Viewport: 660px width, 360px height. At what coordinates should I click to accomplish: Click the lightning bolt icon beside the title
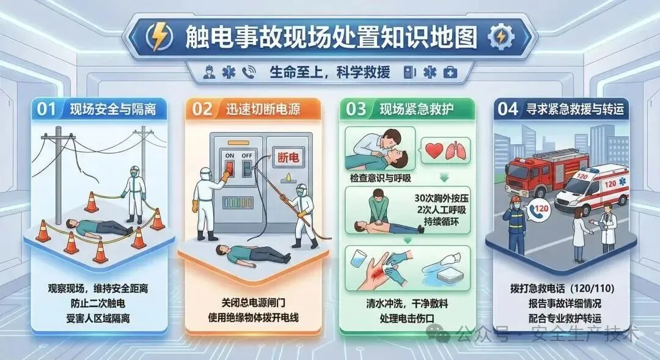point(159,37)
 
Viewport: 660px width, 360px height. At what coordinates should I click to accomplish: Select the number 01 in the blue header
point(46,109)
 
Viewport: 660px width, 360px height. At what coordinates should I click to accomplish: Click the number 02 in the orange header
point(202,109)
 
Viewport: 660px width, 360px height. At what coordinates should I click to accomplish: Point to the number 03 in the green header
point(356,109)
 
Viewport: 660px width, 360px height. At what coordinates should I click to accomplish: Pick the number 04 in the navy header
point(508,109)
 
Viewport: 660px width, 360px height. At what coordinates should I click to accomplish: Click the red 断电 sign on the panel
point(288,158)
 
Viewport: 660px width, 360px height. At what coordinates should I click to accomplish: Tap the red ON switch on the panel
point(229,169)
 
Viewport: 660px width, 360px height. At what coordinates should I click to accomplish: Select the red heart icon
point(435,150)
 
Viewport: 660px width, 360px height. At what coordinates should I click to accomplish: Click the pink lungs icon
point(457,151)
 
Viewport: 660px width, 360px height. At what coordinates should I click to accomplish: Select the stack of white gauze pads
point(449,276)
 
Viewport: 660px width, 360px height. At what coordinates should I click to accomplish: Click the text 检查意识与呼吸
point(380,178)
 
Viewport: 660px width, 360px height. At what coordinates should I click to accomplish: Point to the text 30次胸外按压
point(441,198)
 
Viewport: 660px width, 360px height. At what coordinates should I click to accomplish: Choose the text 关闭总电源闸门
point(254,303)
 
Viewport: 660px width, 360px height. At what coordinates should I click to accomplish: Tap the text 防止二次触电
point(98,304)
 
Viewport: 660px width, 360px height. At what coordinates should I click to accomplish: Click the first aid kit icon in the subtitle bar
point(450,72)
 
